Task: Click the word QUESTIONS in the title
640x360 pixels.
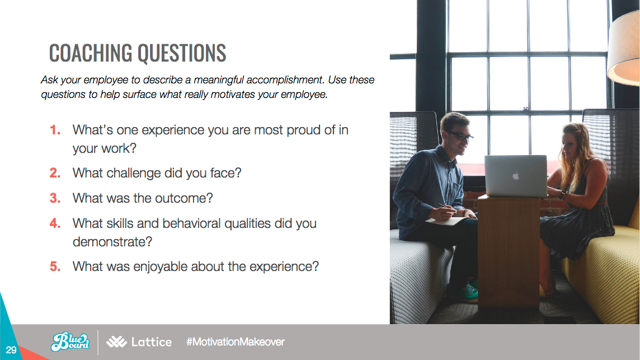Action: click(x=182, y=53)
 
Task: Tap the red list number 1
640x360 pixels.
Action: click(x=55, y=130)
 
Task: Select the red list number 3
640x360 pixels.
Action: click(x=55, y=198)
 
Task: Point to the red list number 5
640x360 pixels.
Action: click(x=55, y=267)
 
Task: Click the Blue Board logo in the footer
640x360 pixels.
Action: click(x=70, y=342)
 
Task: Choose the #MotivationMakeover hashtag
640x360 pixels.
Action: click(x=235, y=342)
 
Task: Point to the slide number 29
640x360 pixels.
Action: click(x=11, y=350)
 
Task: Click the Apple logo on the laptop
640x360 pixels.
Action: click(x=516, y=176)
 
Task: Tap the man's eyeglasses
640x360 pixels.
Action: click(x=460, y=135)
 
